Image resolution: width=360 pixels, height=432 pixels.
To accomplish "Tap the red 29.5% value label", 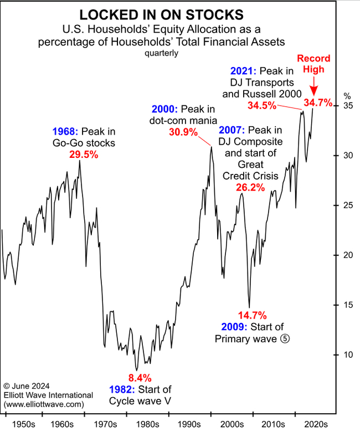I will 84,155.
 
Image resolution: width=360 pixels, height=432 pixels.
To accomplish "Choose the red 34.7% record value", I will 318,102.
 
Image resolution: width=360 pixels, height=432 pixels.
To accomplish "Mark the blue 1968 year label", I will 65,132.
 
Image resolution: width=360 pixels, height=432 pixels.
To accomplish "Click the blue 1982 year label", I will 121,389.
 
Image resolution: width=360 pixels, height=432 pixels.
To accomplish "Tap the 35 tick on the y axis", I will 347,105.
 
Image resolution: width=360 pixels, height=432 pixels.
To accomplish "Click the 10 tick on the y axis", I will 347,354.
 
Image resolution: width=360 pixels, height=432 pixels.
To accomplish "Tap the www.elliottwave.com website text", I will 44,405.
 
